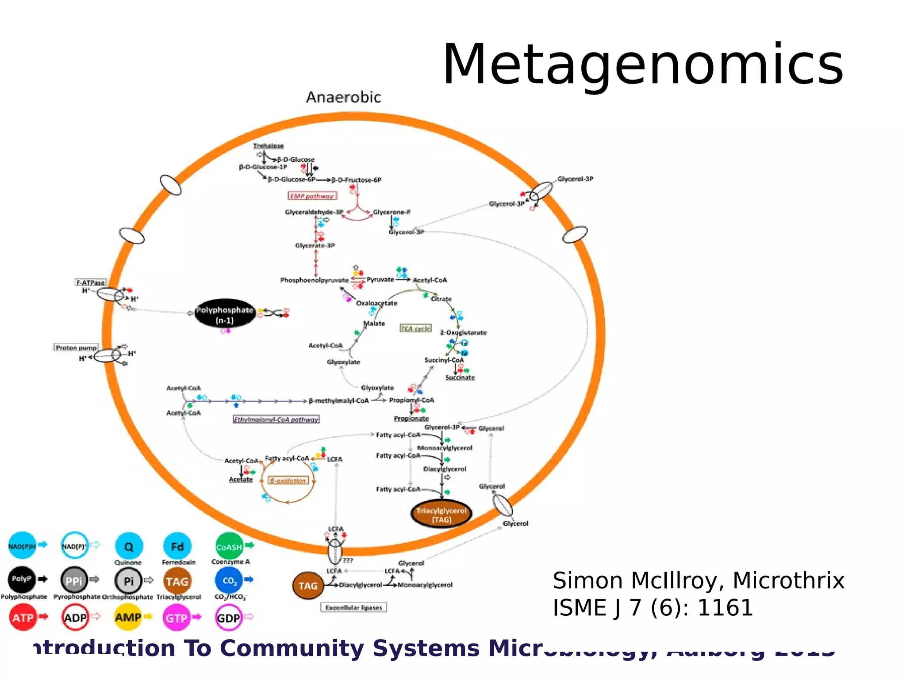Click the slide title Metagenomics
click(643, 65)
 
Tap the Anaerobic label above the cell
click(343, 97)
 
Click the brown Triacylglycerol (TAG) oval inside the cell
click(441, 515)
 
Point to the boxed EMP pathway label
click(312, 196)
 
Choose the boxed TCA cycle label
click(415, 328)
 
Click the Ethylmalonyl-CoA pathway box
click(276, 419)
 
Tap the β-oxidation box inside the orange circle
click(288, 481)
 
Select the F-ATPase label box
click(91, 282)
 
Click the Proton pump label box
click(76, 347)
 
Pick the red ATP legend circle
click(23, 618)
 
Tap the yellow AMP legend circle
click(128, 617)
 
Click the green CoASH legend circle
click(229, 546)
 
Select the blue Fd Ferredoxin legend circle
click(177, 546)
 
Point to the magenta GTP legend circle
click(177, 618)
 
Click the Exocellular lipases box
click(353, 607)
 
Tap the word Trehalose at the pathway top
click(268, 145)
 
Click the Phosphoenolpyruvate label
click(314, 280)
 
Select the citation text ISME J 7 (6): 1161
click(653, 608)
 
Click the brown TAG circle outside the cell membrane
click(308, 586)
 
